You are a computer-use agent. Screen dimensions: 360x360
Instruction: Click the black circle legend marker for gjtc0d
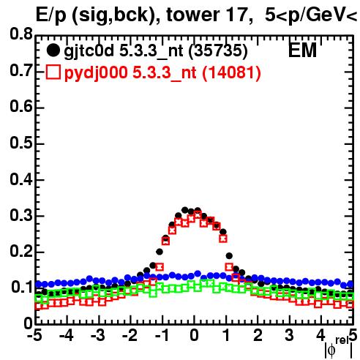[53, 50]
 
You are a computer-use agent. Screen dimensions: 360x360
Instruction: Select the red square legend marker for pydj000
[53, 72]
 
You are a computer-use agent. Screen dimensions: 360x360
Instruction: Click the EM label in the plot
[302, 50]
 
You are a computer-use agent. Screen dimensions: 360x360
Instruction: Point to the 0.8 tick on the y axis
[20, 34]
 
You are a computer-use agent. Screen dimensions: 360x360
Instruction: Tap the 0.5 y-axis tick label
[20, 143]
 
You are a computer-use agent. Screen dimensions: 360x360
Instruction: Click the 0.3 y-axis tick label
[20, 215]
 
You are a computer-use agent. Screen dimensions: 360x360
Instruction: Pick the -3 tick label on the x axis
[98, 336]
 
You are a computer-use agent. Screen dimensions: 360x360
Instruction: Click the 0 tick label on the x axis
[194, 336]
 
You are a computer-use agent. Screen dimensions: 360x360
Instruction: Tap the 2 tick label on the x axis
[258, 336]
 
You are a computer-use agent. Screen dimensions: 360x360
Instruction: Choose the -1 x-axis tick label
[162, 336]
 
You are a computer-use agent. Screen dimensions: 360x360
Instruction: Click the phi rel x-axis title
[339, 348]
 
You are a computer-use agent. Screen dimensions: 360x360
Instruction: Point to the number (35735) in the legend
[218, 50]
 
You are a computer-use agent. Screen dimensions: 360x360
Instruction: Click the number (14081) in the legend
[231, 72]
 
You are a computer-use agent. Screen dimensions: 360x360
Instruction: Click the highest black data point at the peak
[185, 210]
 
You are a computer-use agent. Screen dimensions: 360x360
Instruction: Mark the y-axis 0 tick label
[29, 323]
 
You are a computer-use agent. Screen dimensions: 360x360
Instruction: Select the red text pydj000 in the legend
[96, 73]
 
